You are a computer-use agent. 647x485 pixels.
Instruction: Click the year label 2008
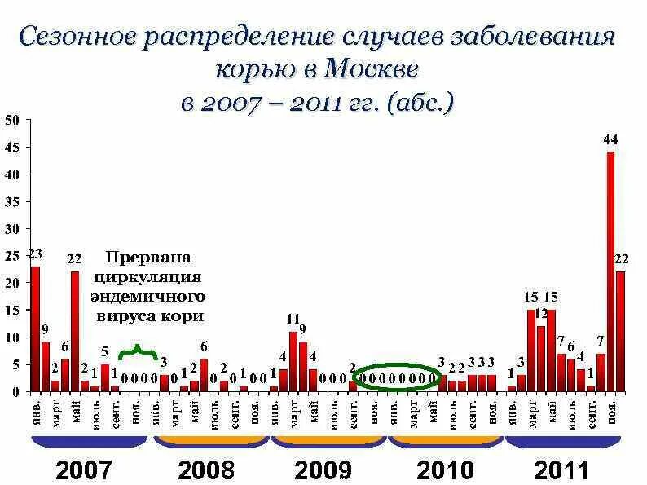point(206,470)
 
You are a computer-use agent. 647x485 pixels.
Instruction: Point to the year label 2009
point(323,470)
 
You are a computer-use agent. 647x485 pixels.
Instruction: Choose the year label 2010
point(444,470)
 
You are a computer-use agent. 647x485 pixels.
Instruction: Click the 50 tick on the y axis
point(11,120)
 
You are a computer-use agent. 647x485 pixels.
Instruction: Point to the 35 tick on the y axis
point(11,201)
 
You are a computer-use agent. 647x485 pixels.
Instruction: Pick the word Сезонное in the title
point(76,36)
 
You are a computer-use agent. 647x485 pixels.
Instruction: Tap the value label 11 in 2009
point(293,318)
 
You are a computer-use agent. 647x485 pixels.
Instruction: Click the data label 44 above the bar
point(610,139)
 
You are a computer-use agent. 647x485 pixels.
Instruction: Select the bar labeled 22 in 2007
point(75,331)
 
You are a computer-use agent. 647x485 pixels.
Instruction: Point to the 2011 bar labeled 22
point(621,331)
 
